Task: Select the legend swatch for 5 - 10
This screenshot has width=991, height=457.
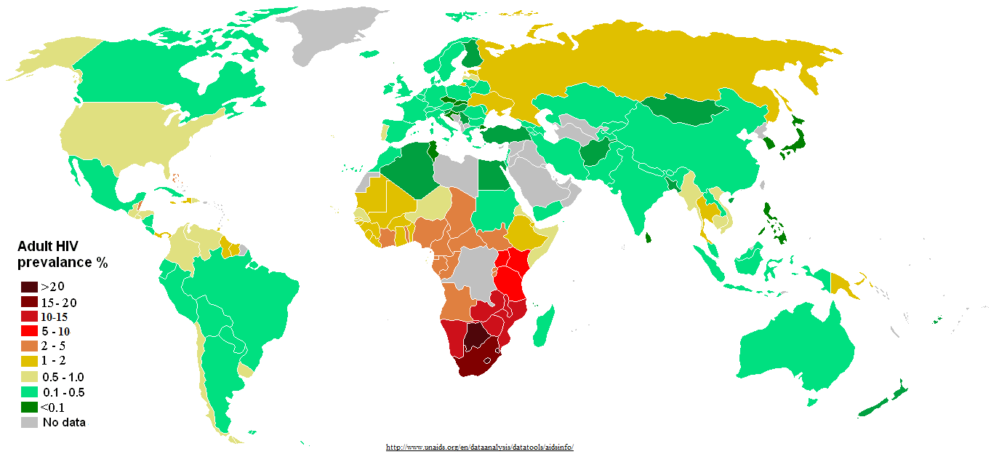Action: point(29,331)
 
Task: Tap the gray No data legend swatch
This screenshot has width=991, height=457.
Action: point(29,421)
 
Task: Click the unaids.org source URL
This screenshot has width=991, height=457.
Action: point(479,448)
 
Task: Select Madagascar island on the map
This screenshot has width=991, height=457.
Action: point(543,328)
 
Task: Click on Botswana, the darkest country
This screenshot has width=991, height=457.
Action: point(476,338)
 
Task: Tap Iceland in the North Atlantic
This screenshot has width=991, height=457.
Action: point(372,53)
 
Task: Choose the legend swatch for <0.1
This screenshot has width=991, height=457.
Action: point(29,407)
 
